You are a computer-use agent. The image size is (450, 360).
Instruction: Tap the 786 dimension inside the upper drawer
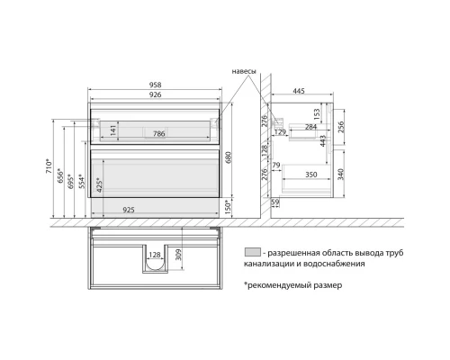[x=157, y=133]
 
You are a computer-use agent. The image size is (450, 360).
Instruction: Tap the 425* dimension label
[x=99, y=186]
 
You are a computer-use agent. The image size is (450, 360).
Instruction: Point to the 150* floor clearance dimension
[x=229, y=207]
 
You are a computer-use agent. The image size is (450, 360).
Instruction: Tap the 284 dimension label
[x=310, y=127]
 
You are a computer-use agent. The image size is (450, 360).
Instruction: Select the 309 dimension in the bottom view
[x=179, y=256]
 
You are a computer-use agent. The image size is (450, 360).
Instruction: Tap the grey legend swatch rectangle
[x=253, y=252]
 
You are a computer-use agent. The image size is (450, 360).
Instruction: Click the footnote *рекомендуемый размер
[x=292, y=285]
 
